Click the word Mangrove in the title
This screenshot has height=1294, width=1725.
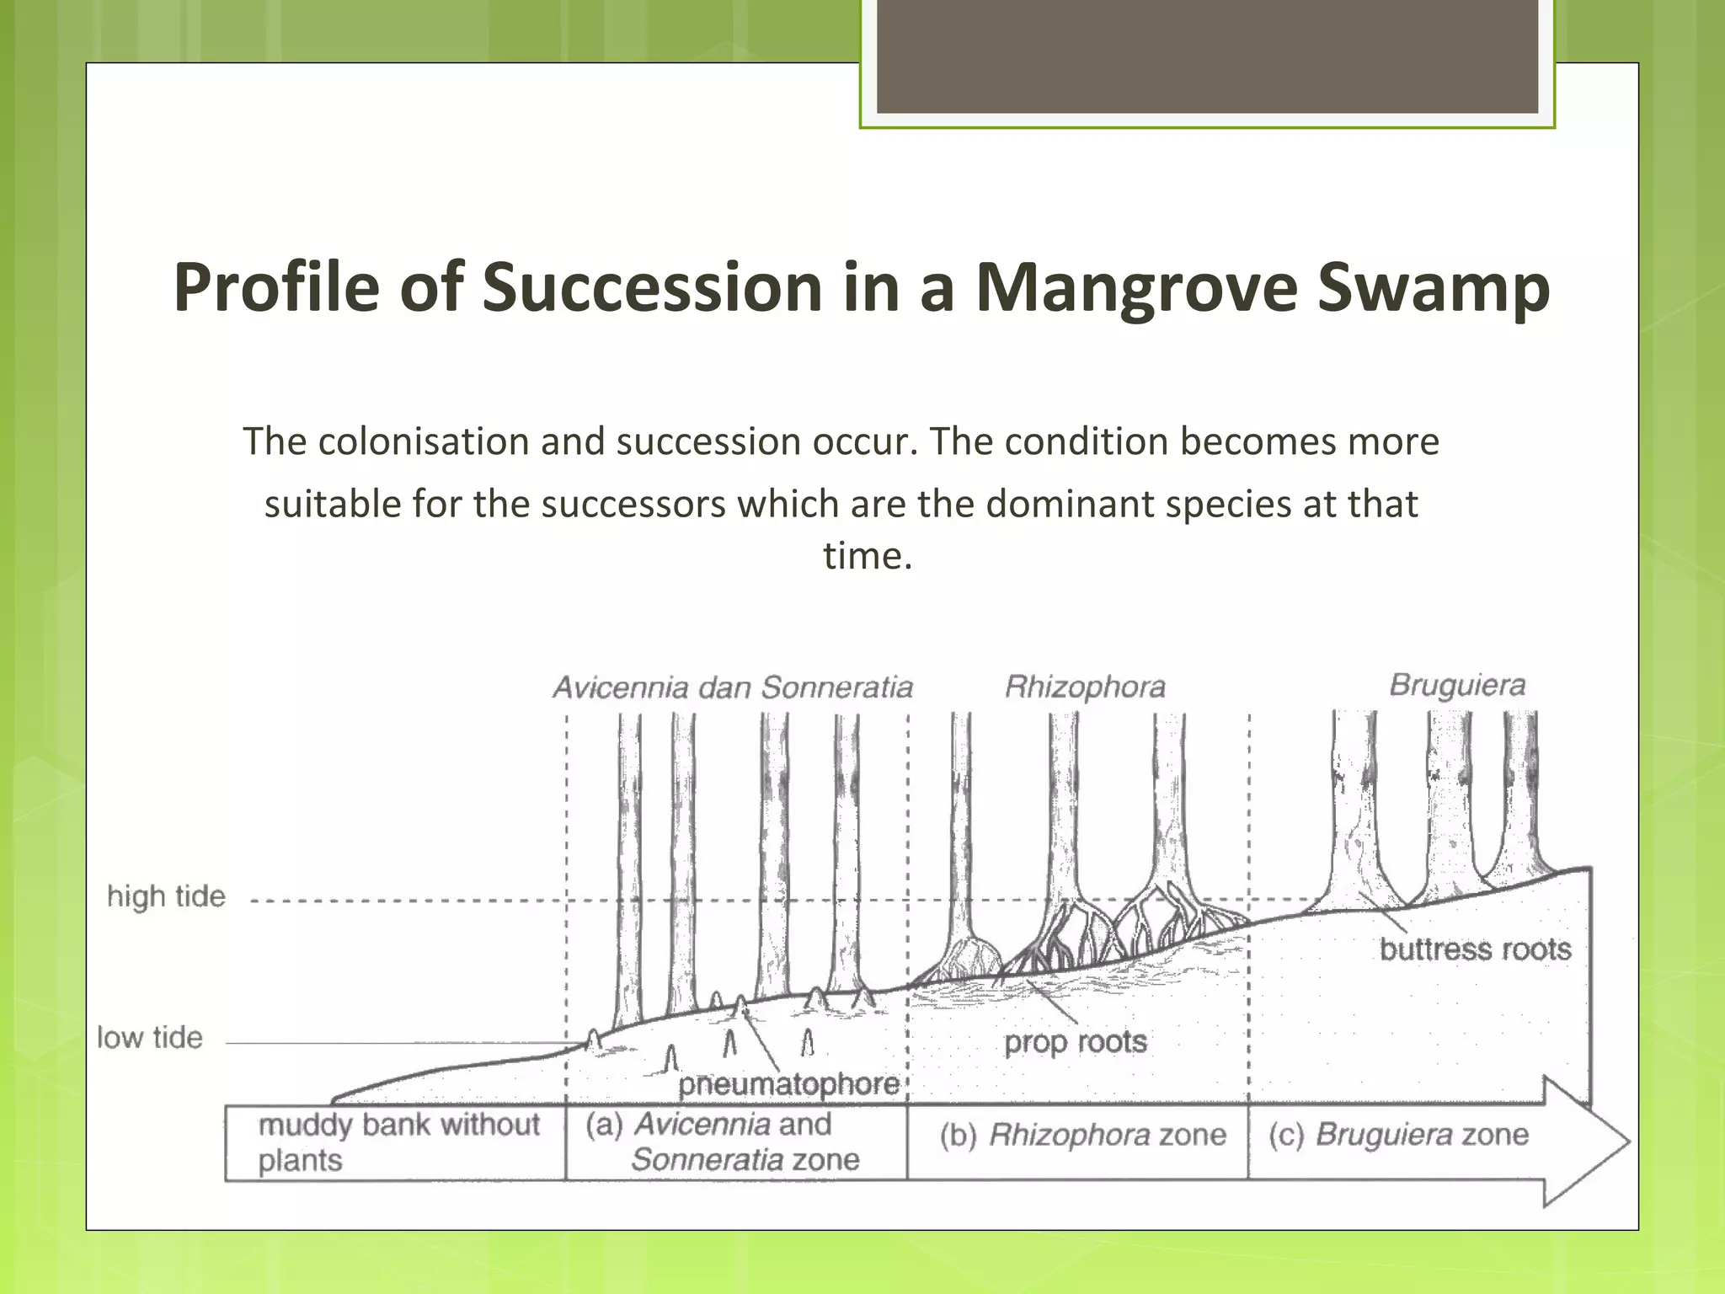1135,289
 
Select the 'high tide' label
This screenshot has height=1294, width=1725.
166,896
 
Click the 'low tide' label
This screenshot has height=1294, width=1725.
150,1038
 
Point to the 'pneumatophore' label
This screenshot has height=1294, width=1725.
788,1084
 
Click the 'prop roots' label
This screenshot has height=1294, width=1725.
1075,1043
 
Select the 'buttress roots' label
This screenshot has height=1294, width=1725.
1475,949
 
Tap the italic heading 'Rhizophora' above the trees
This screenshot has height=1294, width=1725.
1085,687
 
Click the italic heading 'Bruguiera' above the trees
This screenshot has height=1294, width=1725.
1456,685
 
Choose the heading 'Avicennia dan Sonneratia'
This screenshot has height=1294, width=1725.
732,687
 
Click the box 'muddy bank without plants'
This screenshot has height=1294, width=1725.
396,1142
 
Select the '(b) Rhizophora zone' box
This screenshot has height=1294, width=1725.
1082,1136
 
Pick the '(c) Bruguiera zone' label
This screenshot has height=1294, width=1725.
1398,1135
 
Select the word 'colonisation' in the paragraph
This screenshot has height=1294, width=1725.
422,442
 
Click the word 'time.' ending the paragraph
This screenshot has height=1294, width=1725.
867,556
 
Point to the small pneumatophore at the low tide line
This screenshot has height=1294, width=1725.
593,1040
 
